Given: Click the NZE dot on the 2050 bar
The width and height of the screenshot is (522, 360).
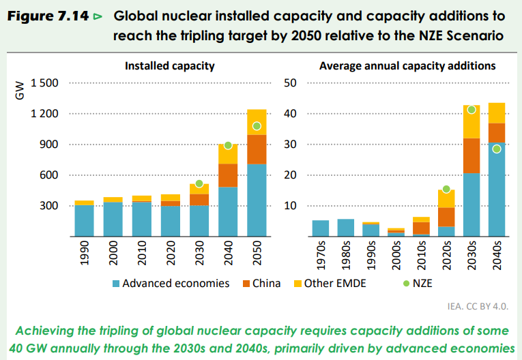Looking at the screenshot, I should [x=257, y=125].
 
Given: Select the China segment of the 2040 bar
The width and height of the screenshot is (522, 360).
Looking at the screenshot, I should [x=228, y=175].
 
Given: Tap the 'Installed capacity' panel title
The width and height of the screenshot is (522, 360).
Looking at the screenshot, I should [x=169, y=66].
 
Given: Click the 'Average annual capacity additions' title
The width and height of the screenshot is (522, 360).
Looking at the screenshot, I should [x=407, y=66].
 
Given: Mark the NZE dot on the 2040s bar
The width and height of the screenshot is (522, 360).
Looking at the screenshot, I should [x=497, y=149].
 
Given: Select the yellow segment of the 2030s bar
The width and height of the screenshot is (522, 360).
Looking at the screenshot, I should [x=471, y=121].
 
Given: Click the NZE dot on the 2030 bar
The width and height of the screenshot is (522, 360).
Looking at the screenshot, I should [x=199, y=183].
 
